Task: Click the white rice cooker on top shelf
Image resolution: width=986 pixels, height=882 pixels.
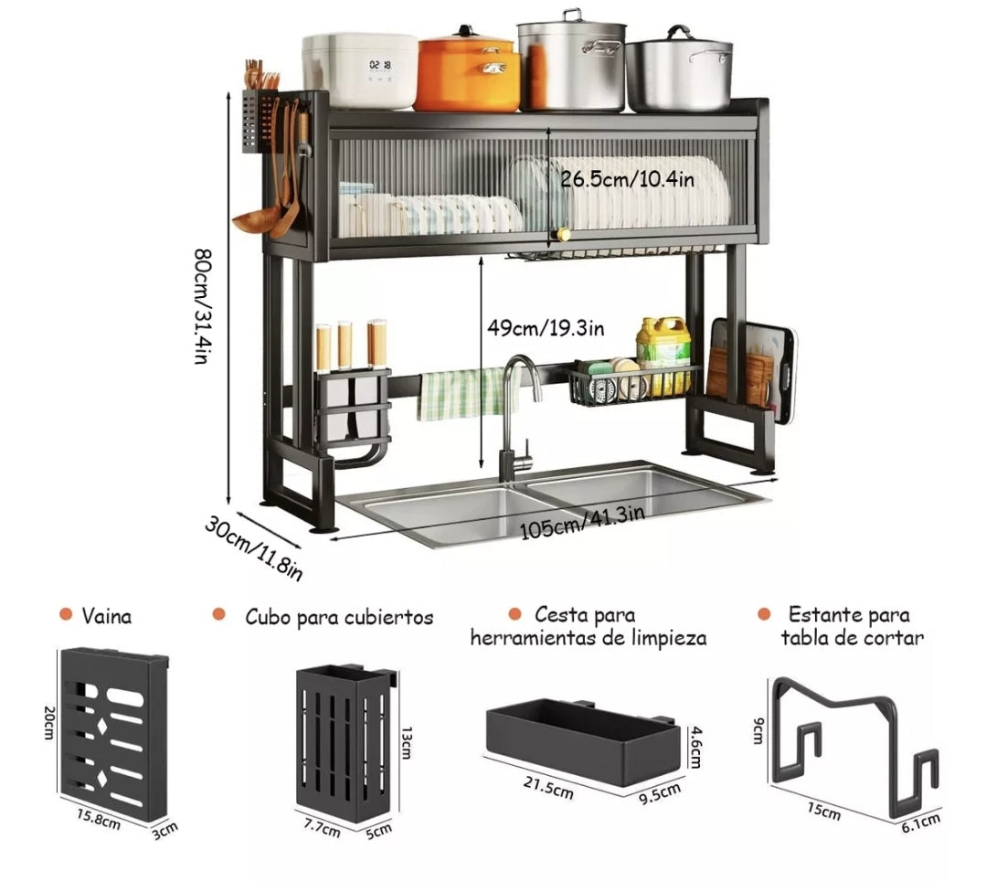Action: (359, 70)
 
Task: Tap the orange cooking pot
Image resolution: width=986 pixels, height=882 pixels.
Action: (468, 75)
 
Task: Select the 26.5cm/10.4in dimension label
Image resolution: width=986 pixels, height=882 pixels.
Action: (627, 179)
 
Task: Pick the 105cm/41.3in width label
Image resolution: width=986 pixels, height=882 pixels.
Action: (582, 524)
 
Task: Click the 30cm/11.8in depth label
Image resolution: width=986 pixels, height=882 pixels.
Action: (253, 547)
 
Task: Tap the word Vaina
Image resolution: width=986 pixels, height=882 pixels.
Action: (107, 616)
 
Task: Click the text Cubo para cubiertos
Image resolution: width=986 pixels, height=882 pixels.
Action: (339, 617)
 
